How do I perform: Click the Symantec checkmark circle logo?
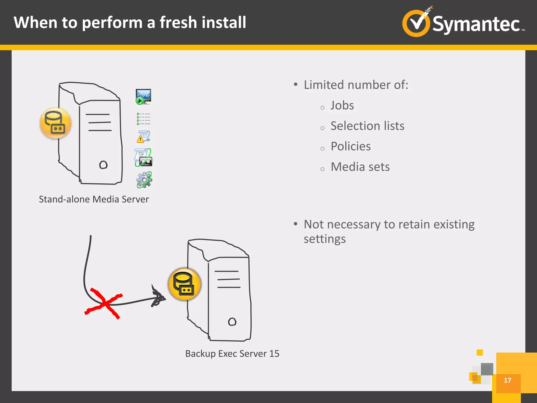pos(416,23)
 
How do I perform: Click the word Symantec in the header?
pos(476,24)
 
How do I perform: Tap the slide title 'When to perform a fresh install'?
pos(130,22)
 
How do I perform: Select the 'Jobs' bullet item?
pos(342,105)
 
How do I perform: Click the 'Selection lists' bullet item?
pos(367,126)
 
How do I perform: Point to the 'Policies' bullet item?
pos(351,146)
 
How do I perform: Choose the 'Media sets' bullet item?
pos(360,167)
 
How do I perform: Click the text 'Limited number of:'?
pos(356,85)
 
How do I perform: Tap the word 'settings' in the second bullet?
pos(325,239)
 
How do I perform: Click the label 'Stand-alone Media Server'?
pos(94,199)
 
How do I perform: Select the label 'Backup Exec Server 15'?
pos(232,354)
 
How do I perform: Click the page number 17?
pos(507,380)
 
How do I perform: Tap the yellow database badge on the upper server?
pos(56,123)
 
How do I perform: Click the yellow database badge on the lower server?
pos(184,284)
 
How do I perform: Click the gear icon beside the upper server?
pos(144,180)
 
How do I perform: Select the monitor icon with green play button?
pos(143,97)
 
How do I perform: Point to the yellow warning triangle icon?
pos(141,139)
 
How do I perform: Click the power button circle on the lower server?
pos(232,322)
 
